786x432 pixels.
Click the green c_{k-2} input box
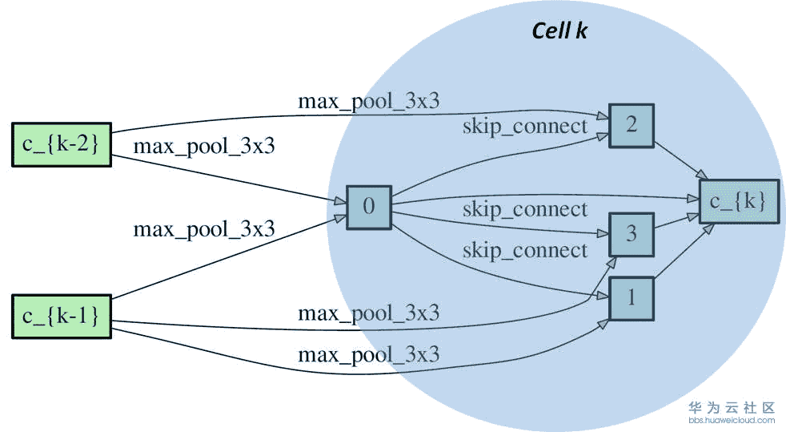click(x=61, y=144)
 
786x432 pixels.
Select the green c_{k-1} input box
click(x=61, y=316)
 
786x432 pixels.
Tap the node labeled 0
click(x=368, y=207)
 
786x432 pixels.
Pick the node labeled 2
click(x=632, y=126)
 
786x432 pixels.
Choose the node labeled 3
click(x=632, y=233)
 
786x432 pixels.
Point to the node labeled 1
click(x=632, y=297)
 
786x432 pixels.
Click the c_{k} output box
click(x=738, y=201)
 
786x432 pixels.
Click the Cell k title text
click(x=560, y=31)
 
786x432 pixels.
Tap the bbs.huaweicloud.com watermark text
click(x=732, y=419)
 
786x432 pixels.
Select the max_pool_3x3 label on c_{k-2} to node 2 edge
click(x=368, y=102)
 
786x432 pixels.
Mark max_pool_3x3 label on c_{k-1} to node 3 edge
click(x=368, y=313)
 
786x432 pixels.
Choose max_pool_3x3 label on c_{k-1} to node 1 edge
click(x=368, y=354)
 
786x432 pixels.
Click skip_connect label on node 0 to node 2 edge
click(x=524, y=126)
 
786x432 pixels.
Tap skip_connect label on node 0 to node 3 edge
click(x=524, y=210)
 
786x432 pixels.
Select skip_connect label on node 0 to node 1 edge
click(x=524, y=251)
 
